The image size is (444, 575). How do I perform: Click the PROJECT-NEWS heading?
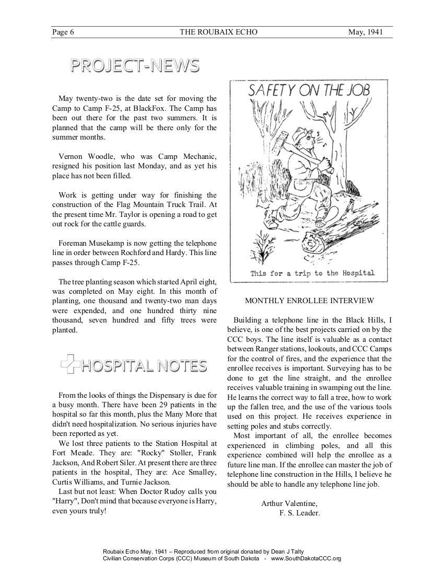pos(135,65)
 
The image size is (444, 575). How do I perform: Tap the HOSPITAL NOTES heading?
pos(144,365)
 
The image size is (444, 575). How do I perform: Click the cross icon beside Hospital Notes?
pos(69,365)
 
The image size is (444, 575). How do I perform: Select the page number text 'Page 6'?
pos(63,32)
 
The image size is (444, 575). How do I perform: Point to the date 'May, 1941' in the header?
pos(366,32)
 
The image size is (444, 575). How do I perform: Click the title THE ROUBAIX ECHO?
pos(218,32)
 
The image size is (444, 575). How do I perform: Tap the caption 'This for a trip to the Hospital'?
pos(312,273)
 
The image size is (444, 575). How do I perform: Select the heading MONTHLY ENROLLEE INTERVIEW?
pos(309,301)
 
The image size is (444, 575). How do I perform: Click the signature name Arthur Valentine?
pos(289,503)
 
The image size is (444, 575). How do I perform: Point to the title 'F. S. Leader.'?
pos(299,513)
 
